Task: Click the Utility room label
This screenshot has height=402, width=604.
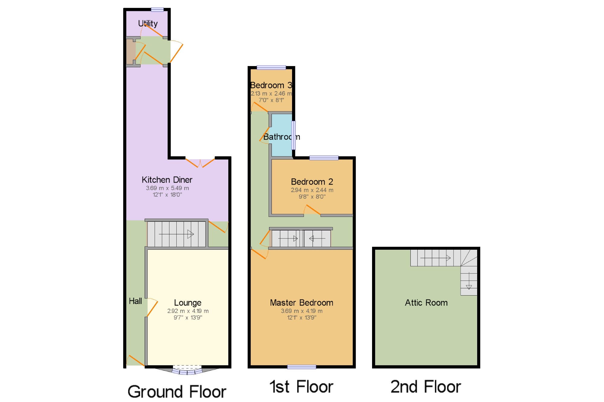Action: tap(148, 24)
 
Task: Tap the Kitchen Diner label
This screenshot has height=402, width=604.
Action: tap(167, 180)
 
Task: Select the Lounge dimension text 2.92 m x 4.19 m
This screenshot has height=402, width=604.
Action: tap(188, 311)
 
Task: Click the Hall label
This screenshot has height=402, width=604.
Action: tap(135, 301)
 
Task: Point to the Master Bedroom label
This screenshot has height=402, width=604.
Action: tap(302, 302)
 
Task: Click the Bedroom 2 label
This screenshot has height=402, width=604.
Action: tap(312, 182)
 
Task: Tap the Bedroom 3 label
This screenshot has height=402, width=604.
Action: tap(271, 85)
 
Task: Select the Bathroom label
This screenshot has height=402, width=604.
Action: tap(281, 137)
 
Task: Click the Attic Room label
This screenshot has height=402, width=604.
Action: tap(426, 302)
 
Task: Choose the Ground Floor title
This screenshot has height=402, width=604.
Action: tap(177, 391)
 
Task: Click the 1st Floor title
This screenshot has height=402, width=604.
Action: tap(301, 387)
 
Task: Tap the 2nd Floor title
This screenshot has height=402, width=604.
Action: tap(426, 387)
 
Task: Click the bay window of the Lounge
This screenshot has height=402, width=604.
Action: tap(187, 370)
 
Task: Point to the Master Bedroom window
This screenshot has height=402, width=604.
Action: tap(302, 367)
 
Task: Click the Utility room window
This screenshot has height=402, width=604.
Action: tap(157, 9)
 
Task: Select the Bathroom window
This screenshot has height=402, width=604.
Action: tap(293, 135)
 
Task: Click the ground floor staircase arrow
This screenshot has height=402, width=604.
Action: tap(176, 234)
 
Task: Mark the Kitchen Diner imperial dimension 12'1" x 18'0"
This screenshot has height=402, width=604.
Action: tap(167, 195)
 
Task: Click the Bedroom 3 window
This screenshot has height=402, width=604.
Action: tap(271, 68)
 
